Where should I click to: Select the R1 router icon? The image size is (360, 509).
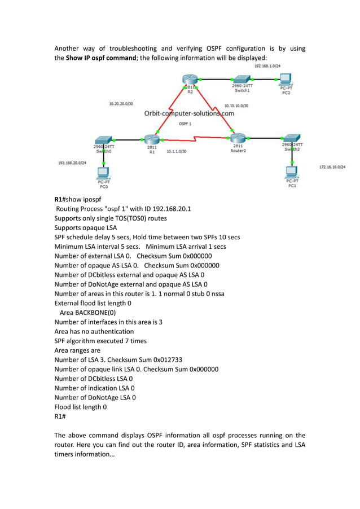(x=152, y=139)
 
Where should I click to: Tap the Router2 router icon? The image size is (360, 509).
(x=238, y=138)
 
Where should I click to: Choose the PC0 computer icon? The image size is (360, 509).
(x=104, y=173)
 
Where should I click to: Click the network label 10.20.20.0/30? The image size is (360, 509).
(x=121, y=104)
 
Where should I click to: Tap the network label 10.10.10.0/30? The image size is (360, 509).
(x=236, y=106)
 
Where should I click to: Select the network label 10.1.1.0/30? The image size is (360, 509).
(x=177, y=151)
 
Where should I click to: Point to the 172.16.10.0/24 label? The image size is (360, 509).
(x=332, y=167)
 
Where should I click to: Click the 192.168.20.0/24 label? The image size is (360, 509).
(x=72, y=163)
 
